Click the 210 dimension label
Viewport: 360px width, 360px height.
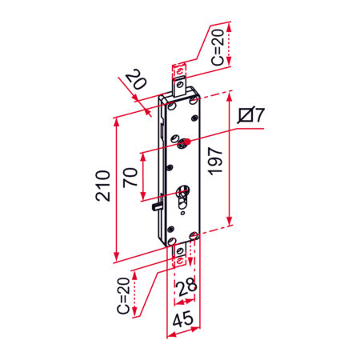pos(103,186)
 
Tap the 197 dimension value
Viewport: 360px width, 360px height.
pos(215,161)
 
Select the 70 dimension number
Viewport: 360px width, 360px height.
pos(130,177)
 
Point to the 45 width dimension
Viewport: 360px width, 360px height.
pos(182,318)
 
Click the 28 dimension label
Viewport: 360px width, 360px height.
pos(187,287)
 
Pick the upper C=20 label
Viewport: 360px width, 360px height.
pos(218,47)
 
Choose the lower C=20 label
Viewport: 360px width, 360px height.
pos(123,295)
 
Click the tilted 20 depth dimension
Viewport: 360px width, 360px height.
pos(137,79)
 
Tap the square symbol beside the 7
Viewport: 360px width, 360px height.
pos(246,115)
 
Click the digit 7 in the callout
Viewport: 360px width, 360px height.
pos(259,115)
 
